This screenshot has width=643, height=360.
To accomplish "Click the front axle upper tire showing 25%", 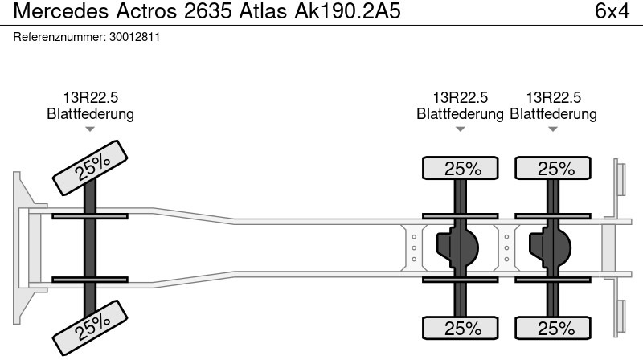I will (x=91, y=167).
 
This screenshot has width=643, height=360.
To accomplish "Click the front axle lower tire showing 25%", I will (x=91, y=324).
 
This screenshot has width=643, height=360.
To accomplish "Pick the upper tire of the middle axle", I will (x=461, y=169).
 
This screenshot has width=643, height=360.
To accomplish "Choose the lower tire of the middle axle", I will (x=461, y=328).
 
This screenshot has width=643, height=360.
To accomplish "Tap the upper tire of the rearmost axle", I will (x=555, y=169).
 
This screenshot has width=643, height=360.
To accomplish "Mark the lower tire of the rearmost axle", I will (x=555, y=328).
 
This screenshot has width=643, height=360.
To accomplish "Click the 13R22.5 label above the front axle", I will (x=90, y=98).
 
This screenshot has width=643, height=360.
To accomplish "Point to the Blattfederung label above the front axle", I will (x=90, y=114).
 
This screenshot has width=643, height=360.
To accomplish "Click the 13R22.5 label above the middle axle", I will (x=461, y=98).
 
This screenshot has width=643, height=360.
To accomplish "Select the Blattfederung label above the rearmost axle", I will (x=554, y=114).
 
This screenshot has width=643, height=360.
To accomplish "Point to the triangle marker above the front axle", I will (x=90, y=129).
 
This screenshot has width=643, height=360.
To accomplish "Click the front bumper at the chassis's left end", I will (x=24, y=247).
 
